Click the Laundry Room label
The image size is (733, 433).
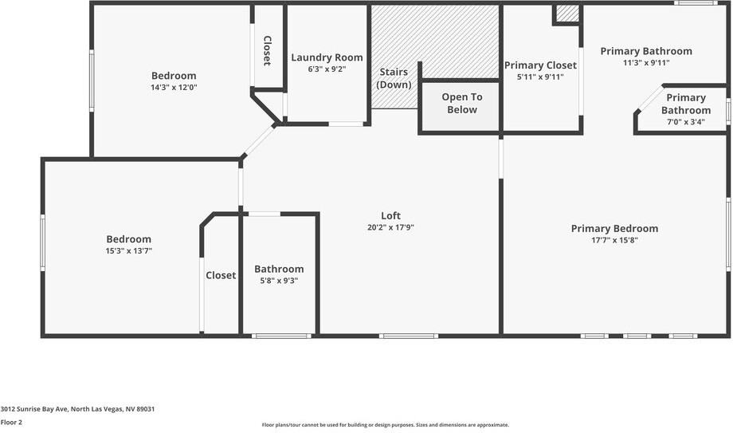pyautogui.click(x=327, y=57)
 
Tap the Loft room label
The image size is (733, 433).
pyautogui.click(x=390, y=215)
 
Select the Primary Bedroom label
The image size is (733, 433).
pyautogui.click(x=614, y=229)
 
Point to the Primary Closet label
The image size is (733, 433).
pyautogui.click(x=540, y=65)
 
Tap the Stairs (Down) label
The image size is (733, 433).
pyautogui.click(x=394, y=78)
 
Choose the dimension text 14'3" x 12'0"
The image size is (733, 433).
pyautogui.click(x=174, y=88)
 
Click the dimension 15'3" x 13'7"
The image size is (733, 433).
pyautogui.click(x=128, y=250)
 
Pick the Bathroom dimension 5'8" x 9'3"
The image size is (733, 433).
pyautogui.click(x=279, y=281)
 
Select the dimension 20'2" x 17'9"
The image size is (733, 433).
pyautogui.click(x=390, y=227)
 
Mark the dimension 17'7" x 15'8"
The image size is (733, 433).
pyautogui.click(x=614, y=240)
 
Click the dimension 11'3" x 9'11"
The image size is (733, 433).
pyautogui.click(x=646, y=63)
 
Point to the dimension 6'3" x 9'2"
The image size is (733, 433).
pyautogui.click(x=327, y=69)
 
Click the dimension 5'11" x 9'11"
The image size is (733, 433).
pyautogui.click(x=540, y=77)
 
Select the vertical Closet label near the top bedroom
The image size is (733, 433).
pyautogui.click(x=267, y=50)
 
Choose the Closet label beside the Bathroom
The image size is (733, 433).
pyautogui.click(x=221, y=275)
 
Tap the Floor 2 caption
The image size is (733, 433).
pyautogui.click(x=11, y=423)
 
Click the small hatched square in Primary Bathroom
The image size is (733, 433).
pyautogui.click(x=567, y=14)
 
